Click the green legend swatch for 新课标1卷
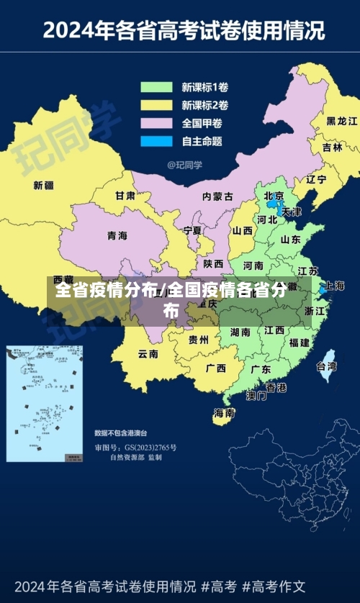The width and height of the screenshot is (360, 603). coord(156,88)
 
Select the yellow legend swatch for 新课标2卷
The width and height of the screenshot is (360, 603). coord(156,105)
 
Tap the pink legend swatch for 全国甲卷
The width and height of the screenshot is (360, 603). coord(156,123)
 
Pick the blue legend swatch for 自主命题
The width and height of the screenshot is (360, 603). coord(156,140)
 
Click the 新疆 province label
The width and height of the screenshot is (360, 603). coord(43,185)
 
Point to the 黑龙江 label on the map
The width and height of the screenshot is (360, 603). coord(341,121)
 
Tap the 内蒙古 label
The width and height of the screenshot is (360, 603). coord(217,196)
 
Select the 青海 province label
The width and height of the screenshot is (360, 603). coord(117,235)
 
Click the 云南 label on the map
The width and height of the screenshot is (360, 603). coord(148,353)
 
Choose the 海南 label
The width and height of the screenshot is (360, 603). coord(224,413)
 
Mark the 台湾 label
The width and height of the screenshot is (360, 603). coord(326,366)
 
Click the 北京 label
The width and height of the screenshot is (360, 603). coord(274,196)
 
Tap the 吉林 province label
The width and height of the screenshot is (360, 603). coord(332,147)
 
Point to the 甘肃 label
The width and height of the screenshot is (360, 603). coord(125,195)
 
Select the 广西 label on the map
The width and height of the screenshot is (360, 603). coord(215,368)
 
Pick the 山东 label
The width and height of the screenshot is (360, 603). coord(290,240)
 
